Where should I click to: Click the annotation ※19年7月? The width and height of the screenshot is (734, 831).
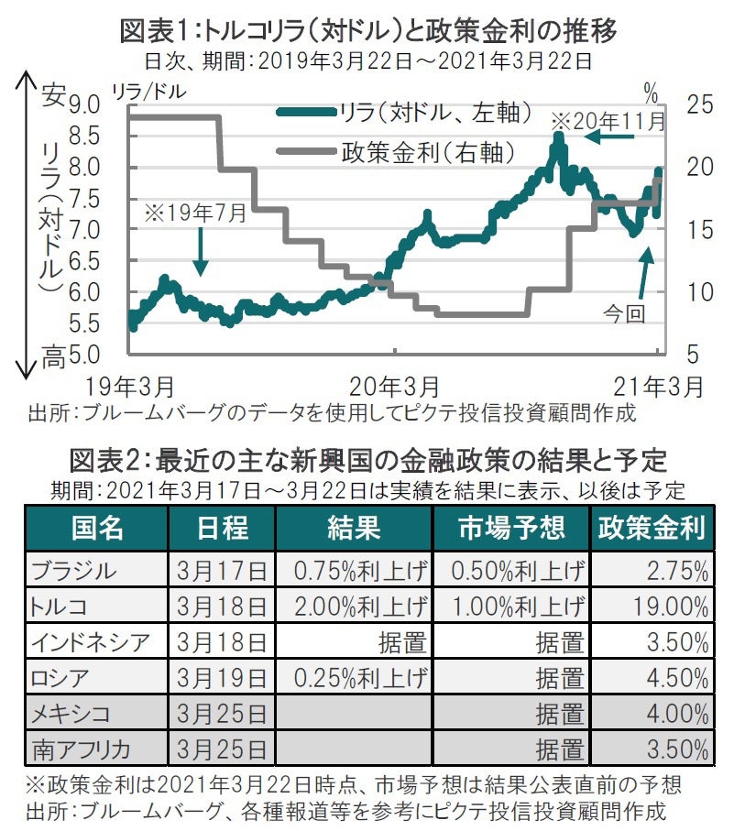(195, 213)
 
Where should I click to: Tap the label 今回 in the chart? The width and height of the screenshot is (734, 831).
(624, 313)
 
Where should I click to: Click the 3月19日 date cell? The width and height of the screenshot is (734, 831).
(221, 678)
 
